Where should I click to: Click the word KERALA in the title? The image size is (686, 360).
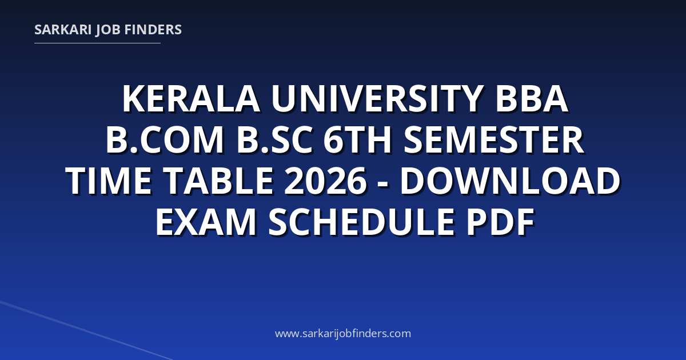click(192, 99)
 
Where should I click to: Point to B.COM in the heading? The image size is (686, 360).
click(165, 139)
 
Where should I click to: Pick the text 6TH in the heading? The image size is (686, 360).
click(357, 139)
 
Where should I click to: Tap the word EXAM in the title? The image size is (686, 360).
click(206, 222)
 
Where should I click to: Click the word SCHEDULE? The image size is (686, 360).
click(361, 222)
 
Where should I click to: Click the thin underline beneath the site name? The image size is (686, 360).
click(97, 43)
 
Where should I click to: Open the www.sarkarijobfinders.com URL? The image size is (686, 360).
click(343, 333)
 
